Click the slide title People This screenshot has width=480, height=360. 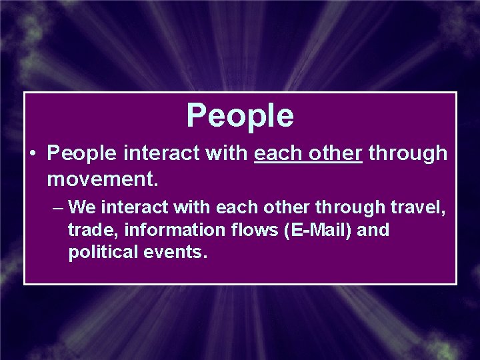pyautogui.click(x=240, y=115)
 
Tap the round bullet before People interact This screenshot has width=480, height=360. pyautogui.click(x=32, y=154)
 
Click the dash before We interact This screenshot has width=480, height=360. pyautogui.click(x=57, y=207)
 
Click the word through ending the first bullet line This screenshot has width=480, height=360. pyautogui.click(x=408, y=154)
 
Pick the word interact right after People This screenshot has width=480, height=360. pyautogui.click(x=159, y=154)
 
